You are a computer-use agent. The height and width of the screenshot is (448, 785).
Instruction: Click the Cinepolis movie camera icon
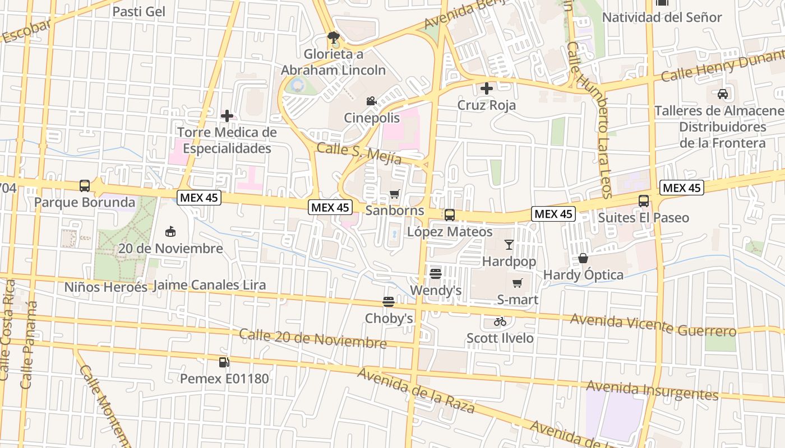371,101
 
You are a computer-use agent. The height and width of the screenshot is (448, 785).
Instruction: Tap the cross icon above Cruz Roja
487,88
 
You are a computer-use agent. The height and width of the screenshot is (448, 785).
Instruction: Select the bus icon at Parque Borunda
85,185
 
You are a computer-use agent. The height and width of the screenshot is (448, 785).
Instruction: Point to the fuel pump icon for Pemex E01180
224,362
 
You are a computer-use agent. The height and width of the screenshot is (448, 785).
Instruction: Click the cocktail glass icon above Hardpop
509,245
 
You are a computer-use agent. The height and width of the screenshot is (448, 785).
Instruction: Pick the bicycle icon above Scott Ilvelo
500,321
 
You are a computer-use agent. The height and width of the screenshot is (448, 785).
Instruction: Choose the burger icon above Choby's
389,302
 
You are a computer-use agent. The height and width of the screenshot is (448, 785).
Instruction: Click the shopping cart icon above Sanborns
395,194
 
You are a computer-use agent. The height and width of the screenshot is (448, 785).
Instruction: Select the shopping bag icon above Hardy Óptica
583,258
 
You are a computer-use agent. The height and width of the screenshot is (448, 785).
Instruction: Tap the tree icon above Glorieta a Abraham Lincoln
334,38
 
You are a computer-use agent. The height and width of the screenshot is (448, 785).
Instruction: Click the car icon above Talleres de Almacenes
723,94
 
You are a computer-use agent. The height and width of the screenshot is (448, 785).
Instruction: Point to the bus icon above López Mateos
450,215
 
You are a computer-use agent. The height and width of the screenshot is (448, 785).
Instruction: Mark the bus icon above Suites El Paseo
644,200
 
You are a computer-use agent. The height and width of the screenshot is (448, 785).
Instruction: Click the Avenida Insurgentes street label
652,390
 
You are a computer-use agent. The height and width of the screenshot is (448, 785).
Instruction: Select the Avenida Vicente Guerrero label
653,325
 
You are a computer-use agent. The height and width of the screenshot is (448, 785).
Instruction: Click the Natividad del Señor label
662,17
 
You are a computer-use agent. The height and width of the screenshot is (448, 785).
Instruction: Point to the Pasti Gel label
138,12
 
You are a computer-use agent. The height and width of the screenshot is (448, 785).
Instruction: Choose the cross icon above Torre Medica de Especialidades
227,116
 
